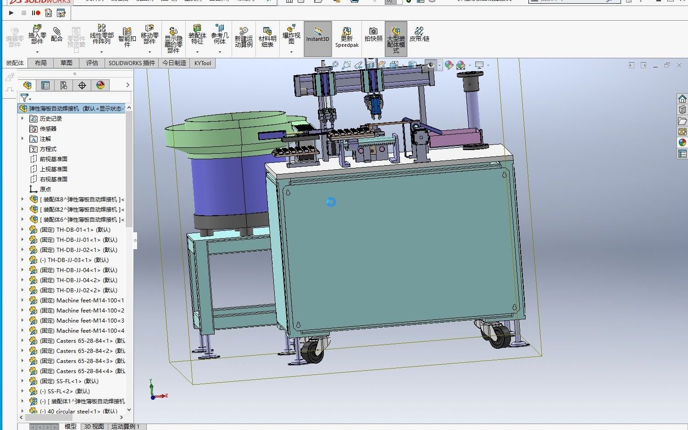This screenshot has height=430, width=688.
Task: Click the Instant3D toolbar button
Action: tap(317, 39)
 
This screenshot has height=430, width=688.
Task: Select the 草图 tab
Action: tap(67, 63)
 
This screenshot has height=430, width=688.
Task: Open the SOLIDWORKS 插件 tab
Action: tap(132, 63)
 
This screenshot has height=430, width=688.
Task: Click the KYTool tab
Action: tap(203, 63)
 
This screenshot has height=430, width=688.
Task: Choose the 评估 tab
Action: tap(92, 63)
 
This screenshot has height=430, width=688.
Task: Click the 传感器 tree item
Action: tap(48, 129)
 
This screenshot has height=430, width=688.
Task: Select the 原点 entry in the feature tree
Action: tap(45, 190)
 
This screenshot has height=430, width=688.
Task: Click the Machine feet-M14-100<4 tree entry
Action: tap(90, 331)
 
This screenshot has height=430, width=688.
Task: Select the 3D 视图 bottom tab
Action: tap(94, 426)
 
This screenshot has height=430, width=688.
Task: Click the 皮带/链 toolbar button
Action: tap(419, 35)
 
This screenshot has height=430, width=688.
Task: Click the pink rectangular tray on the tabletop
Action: tap(454, 138)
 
